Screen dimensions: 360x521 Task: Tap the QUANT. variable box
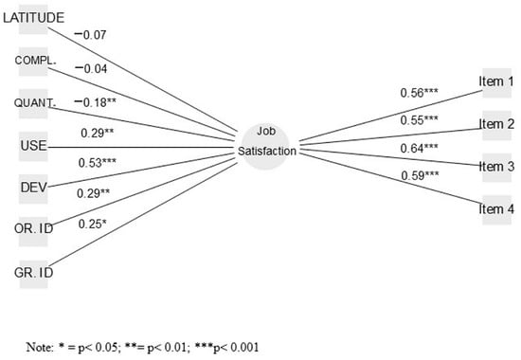pyautogui.click(x=34, y=103)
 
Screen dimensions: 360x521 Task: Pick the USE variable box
pyautogui.click(x=34, y=146)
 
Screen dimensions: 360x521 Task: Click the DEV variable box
pyautogui.click(x=34, y=187)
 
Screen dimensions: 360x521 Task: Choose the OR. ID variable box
pyautogui.click(x=34, y=230)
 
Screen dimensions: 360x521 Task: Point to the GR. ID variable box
pyautogui.click(x=34, y=272)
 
